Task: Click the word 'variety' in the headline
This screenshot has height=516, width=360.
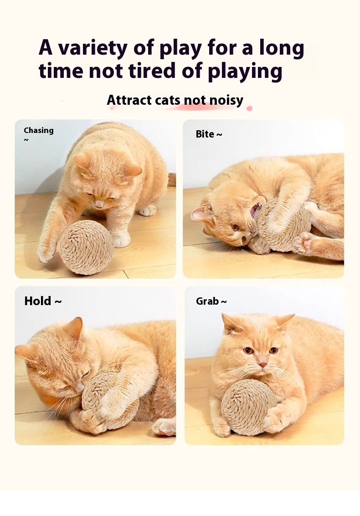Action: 93,48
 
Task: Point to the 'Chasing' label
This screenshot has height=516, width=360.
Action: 39,131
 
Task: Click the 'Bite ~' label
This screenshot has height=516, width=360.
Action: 209,134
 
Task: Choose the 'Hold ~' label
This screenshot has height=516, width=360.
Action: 43,301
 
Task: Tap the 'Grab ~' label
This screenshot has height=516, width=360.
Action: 211,301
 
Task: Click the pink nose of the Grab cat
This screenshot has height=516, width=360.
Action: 262,365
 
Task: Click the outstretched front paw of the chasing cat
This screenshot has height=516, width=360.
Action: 46,251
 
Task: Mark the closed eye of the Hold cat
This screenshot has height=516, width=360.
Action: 85,374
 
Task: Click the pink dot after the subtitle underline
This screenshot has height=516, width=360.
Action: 250,108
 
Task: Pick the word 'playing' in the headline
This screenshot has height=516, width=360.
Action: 245,71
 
